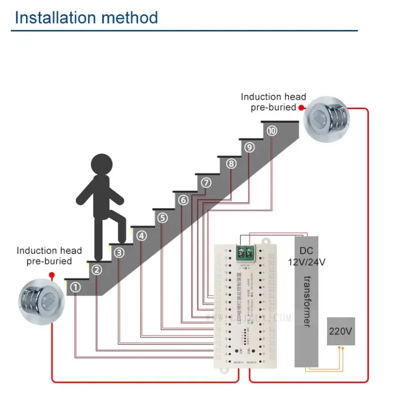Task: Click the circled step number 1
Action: point(75,287)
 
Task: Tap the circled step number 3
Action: point(119,253)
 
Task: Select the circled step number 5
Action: point(163,218)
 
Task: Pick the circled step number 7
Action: point(206,183)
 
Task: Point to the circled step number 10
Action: point(272,131)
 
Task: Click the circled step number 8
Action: point(231,164)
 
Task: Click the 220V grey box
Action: point(341,331)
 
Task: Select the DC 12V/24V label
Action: point(306,256)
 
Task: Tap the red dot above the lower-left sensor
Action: point(52,276)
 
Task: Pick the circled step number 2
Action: point(97,270)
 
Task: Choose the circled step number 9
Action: point(250,147)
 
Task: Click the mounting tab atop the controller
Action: point(267,241)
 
